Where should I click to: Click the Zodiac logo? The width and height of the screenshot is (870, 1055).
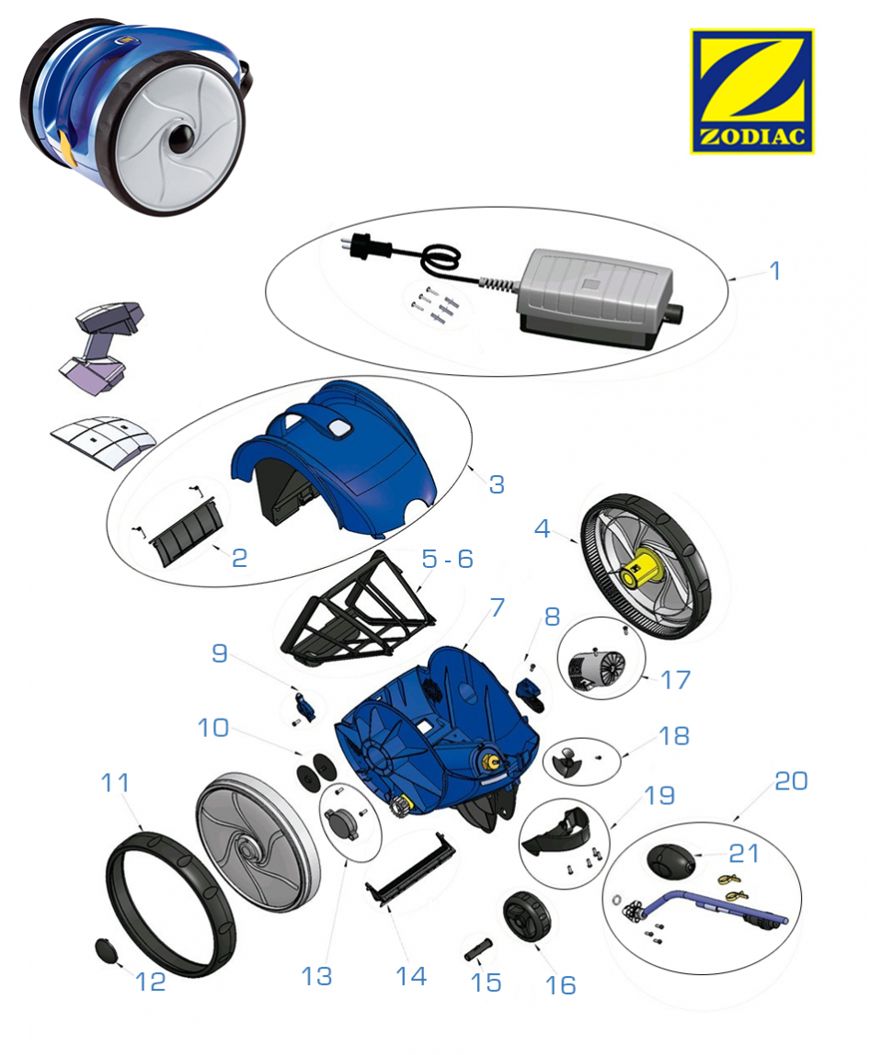pyautogui.click(x=751, y=91)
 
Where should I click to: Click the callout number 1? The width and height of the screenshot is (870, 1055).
pyautogui.click(x=774, y=271)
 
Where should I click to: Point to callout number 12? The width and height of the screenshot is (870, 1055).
pyautogui.click(x=150, y=981)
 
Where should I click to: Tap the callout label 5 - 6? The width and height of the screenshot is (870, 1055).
pyautogui.click(x=447, y=559)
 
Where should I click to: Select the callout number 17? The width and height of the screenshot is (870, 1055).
pyautogui.click(x=676, y=680)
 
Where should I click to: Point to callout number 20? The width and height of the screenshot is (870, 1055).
pyautogui.click(x=791, y=780)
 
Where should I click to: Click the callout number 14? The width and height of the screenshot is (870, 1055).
pyautogui.click(x=410, y=975)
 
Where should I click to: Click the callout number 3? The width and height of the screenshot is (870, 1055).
pyautogui.click(x=497, y=484)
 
